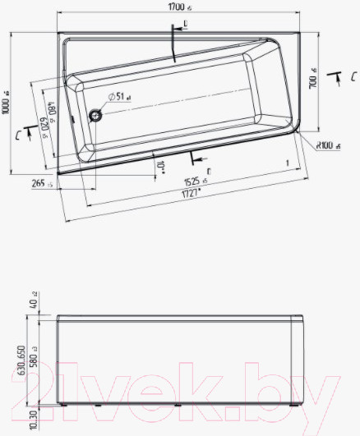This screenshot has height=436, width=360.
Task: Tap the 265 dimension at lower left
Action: [39, 184]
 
